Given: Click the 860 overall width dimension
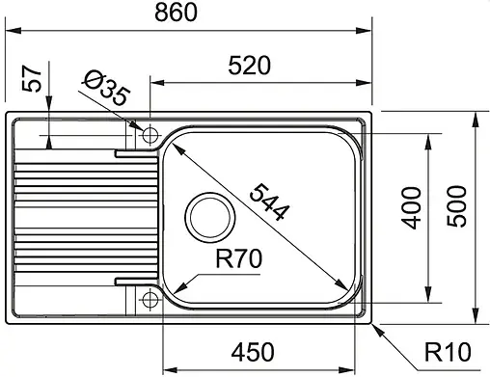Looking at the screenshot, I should (x=189, y=13).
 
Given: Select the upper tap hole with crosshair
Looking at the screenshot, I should (x=150, y=136).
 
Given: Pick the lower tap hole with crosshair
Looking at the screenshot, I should (x=150, y=301).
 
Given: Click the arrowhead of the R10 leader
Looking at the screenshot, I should (x=371, y=322).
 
